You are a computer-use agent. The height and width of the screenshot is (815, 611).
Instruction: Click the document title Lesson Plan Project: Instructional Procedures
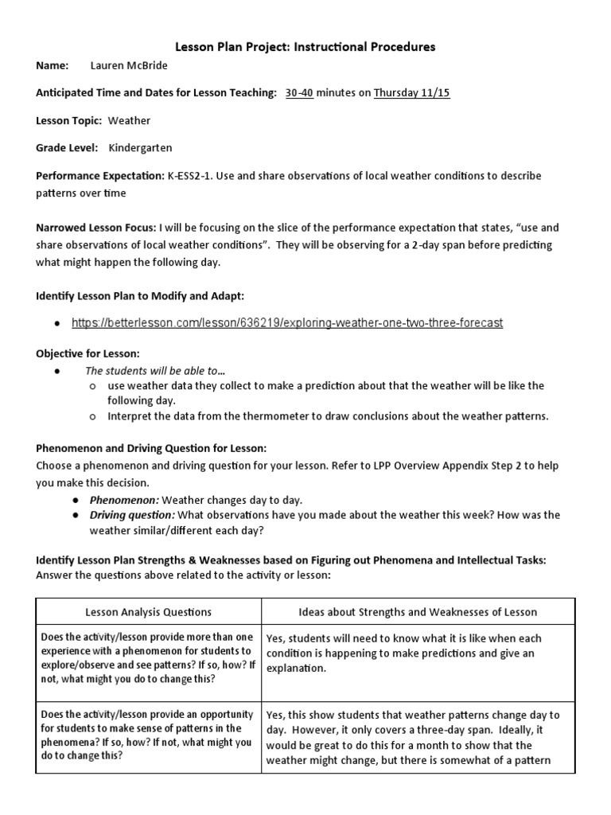pos(305,47)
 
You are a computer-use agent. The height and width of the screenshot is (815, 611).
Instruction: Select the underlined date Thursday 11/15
pos(411,93)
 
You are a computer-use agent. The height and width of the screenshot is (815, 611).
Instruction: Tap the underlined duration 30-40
pos(300,93)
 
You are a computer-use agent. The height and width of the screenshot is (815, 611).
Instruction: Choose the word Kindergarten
pos(140,147)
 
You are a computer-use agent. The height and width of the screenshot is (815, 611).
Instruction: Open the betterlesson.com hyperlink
pos(286,322)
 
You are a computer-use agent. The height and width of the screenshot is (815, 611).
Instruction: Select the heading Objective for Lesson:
pos(88,352)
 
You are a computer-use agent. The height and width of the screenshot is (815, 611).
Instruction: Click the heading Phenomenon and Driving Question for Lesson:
pos(151,448)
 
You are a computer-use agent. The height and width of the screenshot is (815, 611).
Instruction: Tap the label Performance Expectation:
pos(99,176)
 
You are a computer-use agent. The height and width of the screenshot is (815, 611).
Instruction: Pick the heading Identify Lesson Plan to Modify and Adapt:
pos(140,295)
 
